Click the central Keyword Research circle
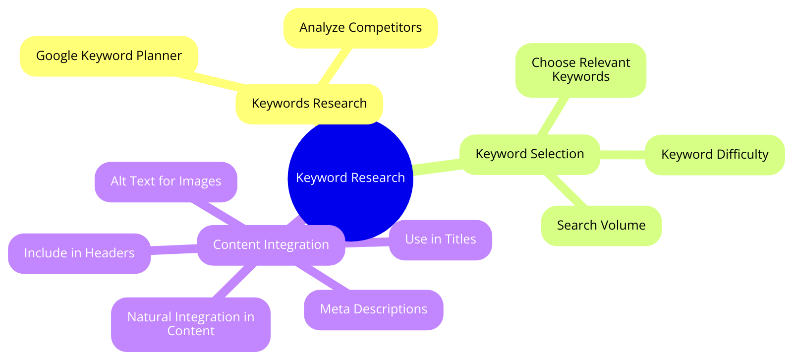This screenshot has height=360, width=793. tap(350, 178)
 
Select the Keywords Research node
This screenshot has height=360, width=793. tap(309, 104)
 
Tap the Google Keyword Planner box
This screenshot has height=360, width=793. tap(109, 56)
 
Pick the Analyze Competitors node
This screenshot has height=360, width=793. tap(360, 28)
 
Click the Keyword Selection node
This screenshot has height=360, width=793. tap(530, 154)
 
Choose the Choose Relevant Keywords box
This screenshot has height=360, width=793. tap(581, 70)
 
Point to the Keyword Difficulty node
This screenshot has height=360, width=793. tap(715, 155)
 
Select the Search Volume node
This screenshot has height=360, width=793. tap(601, 226)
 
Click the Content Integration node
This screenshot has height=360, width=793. tap(271, 245)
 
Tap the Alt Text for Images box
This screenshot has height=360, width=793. tap(166, 181)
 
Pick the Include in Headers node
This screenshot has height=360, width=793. tap(79, 253)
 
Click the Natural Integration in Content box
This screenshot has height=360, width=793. tap(191, 324)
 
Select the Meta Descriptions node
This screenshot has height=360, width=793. tap(374, 309)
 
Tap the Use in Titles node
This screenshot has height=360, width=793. tap(441, 240)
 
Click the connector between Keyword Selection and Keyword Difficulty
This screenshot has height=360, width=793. tap(623, 155)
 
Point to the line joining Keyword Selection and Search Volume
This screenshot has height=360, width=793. tap(566, 191)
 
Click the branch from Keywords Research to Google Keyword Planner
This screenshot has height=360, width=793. tap(211, 81)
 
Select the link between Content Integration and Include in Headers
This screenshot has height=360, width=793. tap(174, 249)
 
